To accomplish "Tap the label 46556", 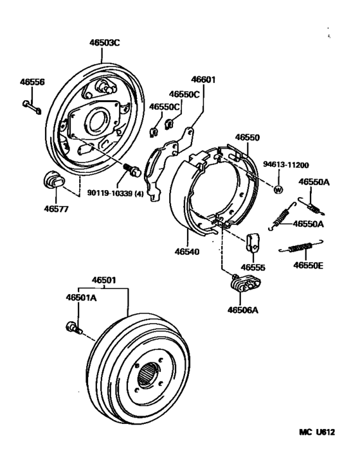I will click(x=32, y=82).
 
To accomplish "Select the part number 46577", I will click(x=56, y=208).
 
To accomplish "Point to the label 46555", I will click(x=253, y=266).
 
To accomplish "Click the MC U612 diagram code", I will click(x=316, y=434).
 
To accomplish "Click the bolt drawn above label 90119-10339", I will click(x=133, y=171).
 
